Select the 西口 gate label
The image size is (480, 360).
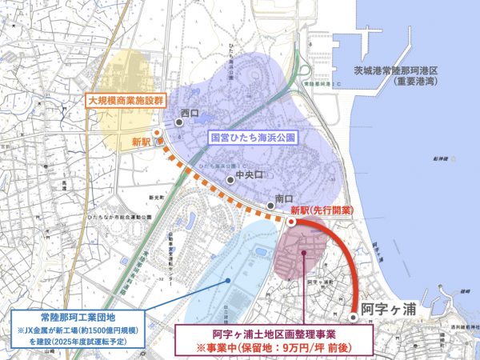click(x=190, y=113)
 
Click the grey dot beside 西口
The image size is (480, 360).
click(x=170, y=122)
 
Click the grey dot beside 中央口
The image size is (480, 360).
click(x=230, y=179)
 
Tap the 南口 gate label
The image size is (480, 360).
click(x=284, y=198)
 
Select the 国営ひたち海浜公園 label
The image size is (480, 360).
click(x=251, y=138)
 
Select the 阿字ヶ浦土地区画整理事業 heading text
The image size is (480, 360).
click(x=273, y=336)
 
